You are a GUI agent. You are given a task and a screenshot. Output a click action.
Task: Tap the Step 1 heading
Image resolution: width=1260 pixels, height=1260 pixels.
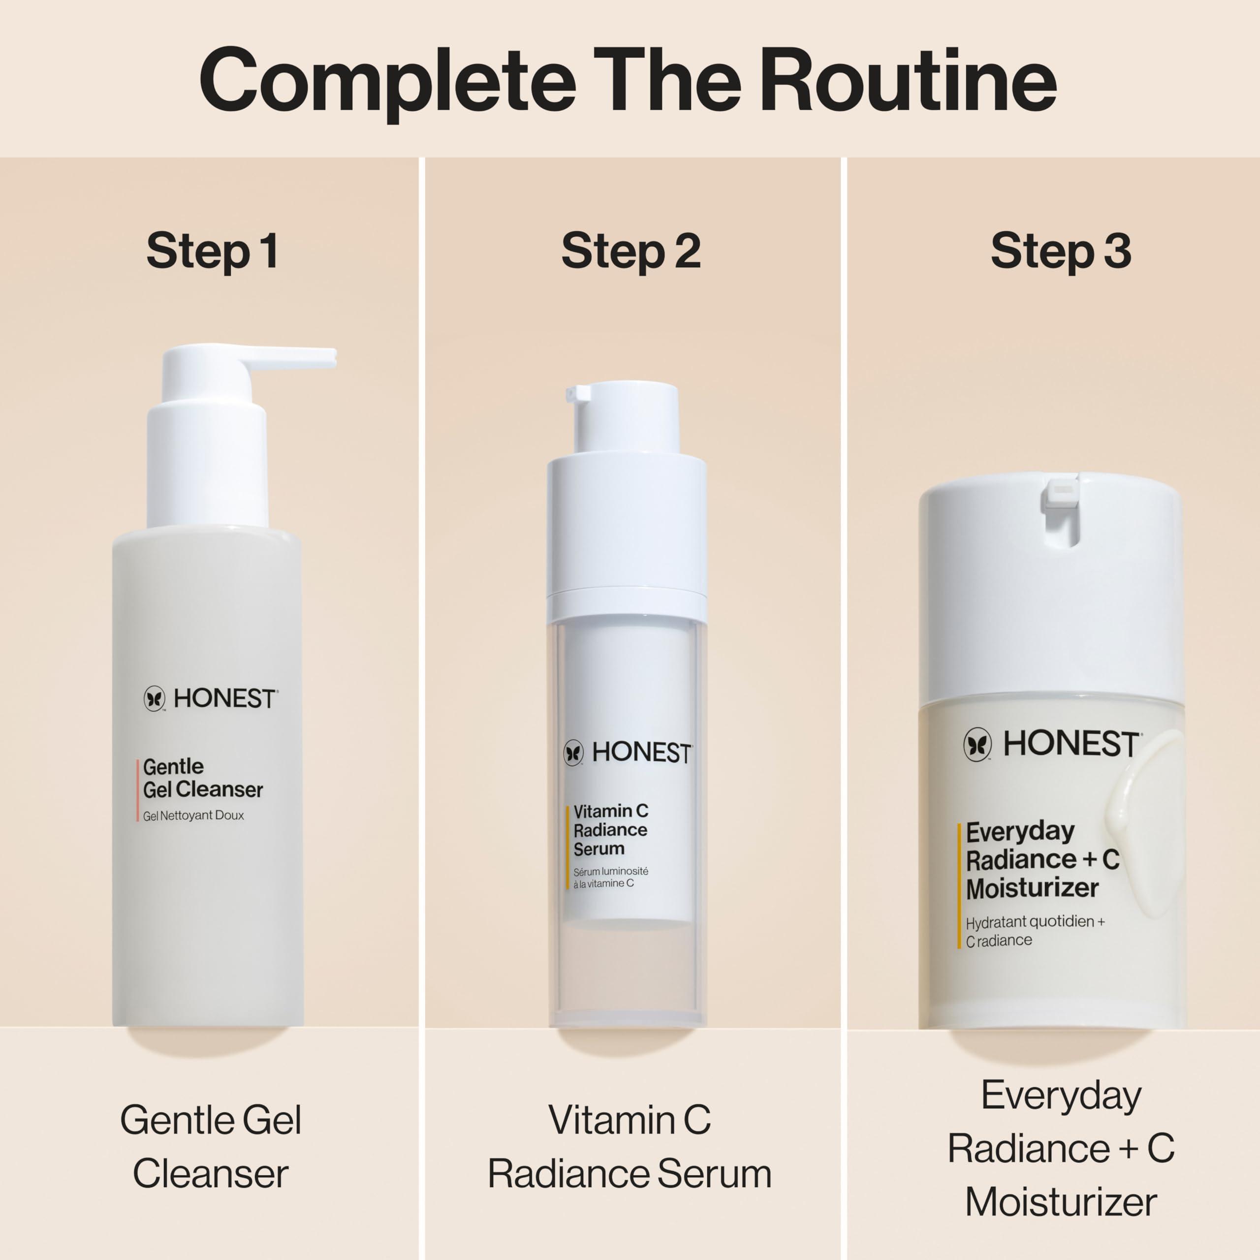click(x=213, y=251)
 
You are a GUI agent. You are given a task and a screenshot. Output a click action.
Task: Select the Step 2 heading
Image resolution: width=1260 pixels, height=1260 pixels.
click(x=630, y=251)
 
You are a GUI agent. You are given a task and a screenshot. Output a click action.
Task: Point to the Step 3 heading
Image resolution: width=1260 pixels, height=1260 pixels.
click(x=1061, y=251)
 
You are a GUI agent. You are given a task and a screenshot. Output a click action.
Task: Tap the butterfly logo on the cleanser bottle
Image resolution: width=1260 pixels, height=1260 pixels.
click(x=155, y=698)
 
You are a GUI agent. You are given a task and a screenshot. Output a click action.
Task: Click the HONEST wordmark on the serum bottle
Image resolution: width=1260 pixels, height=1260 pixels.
click(x=641, y=753)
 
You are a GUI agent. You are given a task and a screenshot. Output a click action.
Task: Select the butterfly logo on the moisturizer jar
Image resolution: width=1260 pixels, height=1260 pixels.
click(x=977, y=744)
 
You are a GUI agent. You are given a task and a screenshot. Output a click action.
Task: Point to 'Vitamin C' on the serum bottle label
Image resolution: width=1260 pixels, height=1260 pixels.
click(x=610, y=811)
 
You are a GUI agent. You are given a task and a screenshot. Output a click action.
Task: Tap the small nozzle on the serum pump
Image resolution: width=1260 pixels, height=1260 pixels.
click(x=578, y=393)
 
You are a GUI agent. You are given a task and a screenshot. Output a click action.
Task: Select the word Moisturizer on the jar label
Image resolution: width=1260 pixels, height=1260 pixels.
click(x=1032, y=888)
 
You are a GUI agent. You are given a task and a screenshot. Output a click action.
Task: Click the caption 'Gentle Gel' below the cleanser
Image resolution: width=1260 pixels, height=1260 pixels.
click(x=211, y=1120)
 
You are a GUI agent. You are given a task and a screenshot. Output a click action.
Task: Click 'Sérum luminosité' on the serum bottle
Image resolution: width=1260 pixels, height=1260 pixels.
click(x=610, y=871)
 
